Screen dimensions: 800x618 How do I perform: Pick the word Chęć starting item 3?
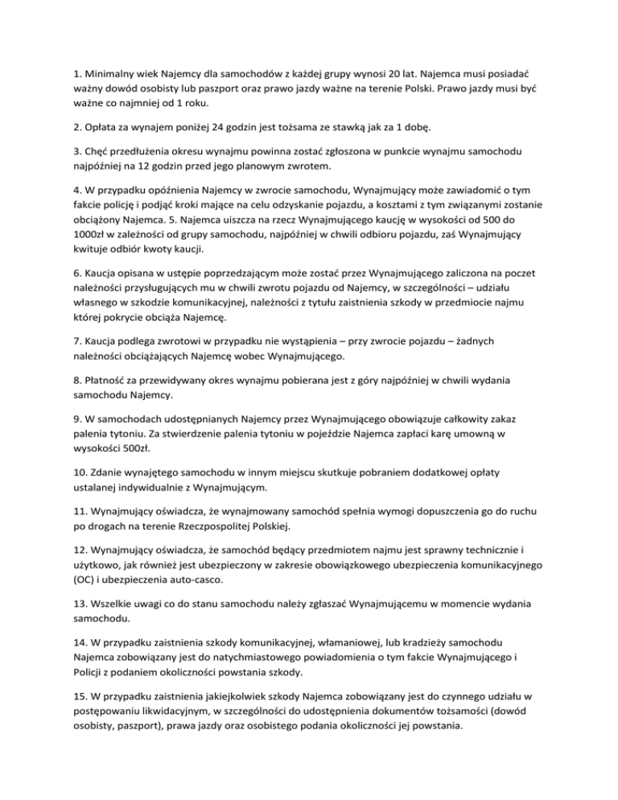[x=92, y=186]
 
